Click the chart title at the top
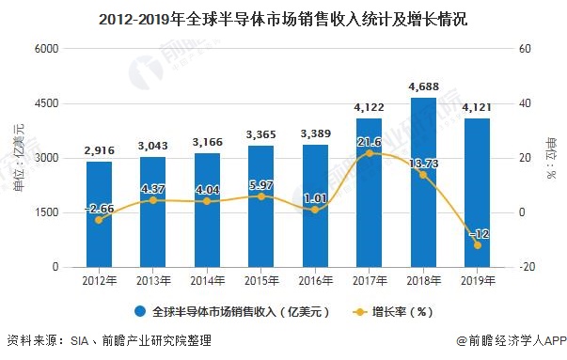point(283,18)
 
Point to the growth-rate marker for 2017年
point(369,153)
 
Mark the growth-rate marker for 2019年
point(477,245)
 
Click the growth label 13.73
point(422,163)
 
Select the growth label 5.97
point(260,183)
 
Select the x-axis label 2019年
point(477,281)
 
